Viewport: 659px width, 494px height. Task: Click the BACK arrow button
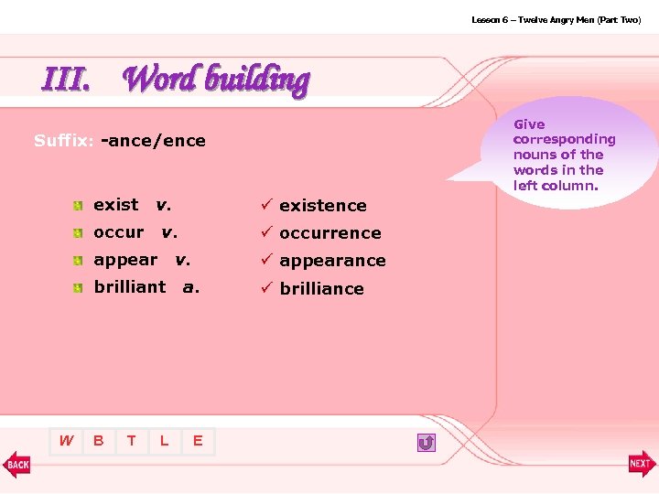[17, 464]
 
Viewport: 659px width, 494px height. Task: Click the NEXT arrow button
[641, 464]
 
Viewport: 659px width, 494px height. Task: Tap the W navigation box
[66, 441]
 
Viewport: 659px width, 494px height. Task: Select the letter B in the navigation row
[98, 441]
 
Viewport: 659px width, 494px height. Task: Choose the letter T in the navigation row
[131, 441]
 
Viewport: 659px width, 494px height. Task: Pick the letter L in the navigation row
[164, 441]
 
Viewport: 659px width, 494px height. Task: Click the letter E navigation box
[198, 442]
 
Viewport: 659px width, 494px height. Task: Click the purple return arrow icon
[426, 443]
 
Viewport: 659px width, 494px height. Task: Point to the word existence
[322, 206]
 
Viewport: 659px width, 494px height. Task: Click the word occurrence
[329, 233]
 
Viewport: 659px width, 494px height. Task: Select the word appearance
[332, 261]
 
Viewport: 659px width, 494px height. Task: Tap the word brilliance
[321, 289]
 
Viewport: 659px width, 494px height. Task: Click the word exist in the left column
[116, 204]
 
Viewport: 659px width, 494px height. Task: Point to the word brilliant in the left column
[130, 286]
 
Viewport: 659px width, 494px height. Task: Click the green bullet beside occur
[81, 233]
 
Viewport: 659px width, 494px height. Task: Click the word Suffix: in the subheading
[64, 141]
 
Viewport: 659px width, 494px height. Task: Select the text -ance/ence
[154, 141]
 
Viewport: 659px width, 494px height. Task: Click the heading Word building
[215, 80]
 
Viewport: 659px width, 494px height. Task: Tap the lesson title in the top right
[556, 19]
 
